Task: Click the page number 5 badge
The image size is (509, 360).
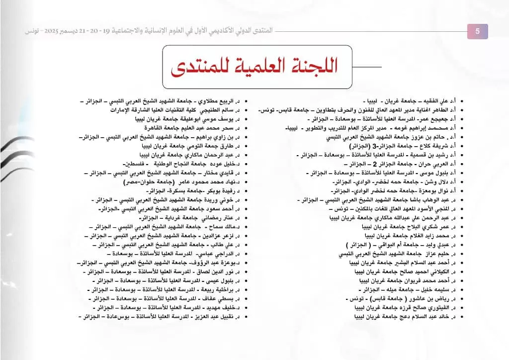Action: (478, 31)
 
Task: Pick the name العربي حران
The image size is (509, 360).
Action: (434, 164)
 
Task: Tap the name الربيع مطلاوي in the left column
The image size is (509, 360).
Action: (219, 101)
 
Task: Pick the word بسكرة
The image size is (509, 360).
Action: (174, 191)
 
